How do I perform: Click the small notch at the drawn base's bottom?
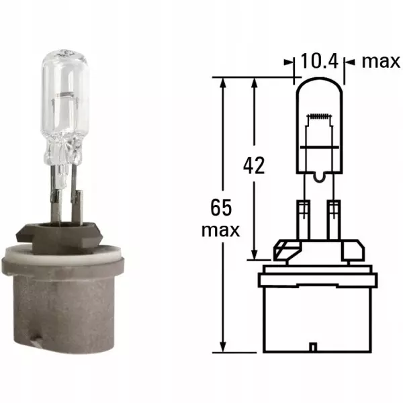tap(313, 348)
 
